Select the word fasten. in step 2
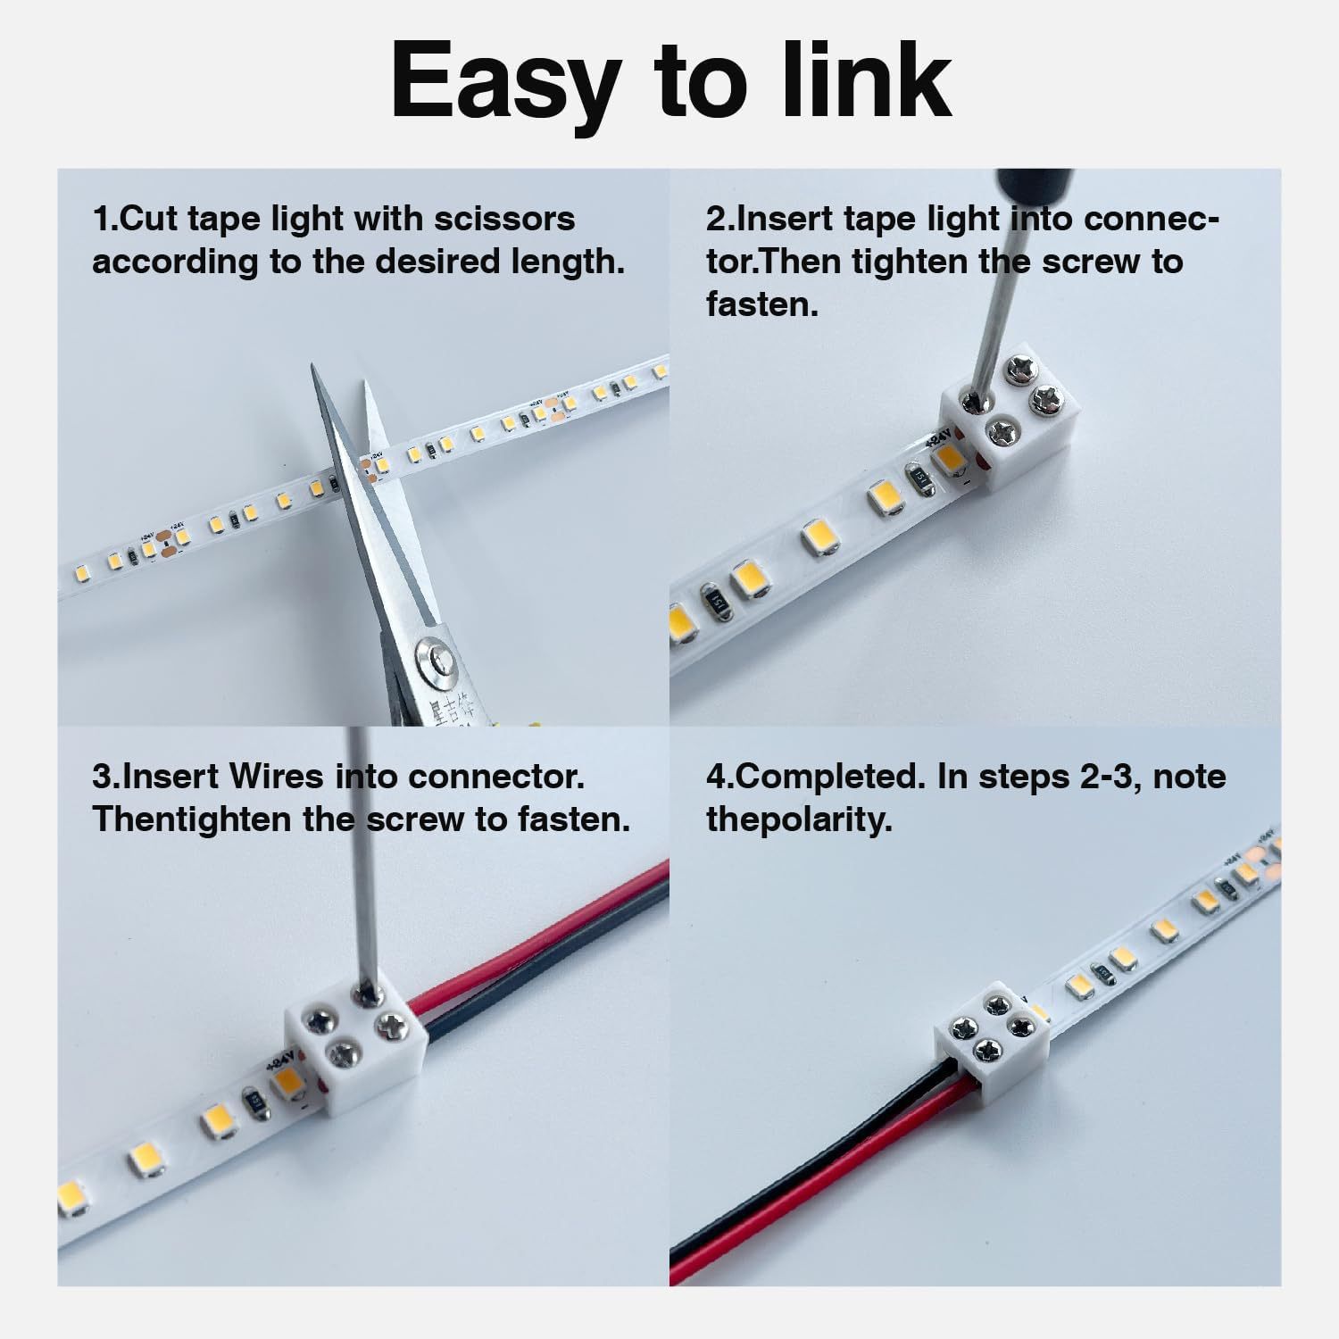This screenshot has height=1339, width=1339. click(761, 304)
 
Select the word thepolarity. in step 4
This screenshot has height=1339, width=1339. click(799, 819)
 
